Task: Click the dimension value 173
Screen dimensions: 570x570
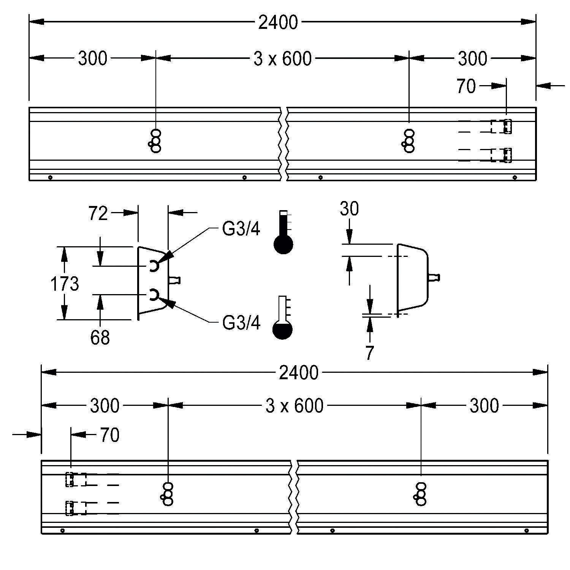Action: (x=65, y=284)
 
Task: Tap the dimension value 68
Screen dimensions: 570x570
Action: (x=100, y=337)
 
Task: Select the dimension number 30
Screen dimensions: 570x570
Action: (x=349, y=209)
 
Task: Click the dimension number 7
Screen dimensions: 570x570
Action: (x=370, y=353)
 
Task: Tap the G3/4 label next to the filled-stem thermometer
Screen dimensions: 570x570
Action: (x=241, y=229)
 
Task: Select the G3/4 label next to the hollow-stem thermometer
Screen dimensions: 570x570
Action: (x=241, y=323)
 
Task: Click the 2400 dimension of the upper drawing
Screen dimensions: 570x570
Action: (x=278, y=23)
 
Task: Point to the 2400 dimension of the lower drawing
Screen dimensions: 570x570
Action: (x=298, y=373)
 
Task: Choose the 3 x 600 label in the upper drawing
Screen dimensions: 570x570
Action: (x=282, y=59)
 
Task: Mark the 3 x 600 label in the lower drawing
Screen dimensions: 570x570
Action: (x=294, y=406)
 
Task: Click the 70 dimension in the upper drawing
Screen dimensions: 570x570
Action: (x=466, y=86)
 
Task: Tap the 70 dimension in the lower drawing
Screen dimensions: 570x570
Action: (x=110, y=435)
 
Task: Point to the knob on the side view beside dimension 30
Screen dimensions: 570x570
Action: (x=435, y=278)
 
